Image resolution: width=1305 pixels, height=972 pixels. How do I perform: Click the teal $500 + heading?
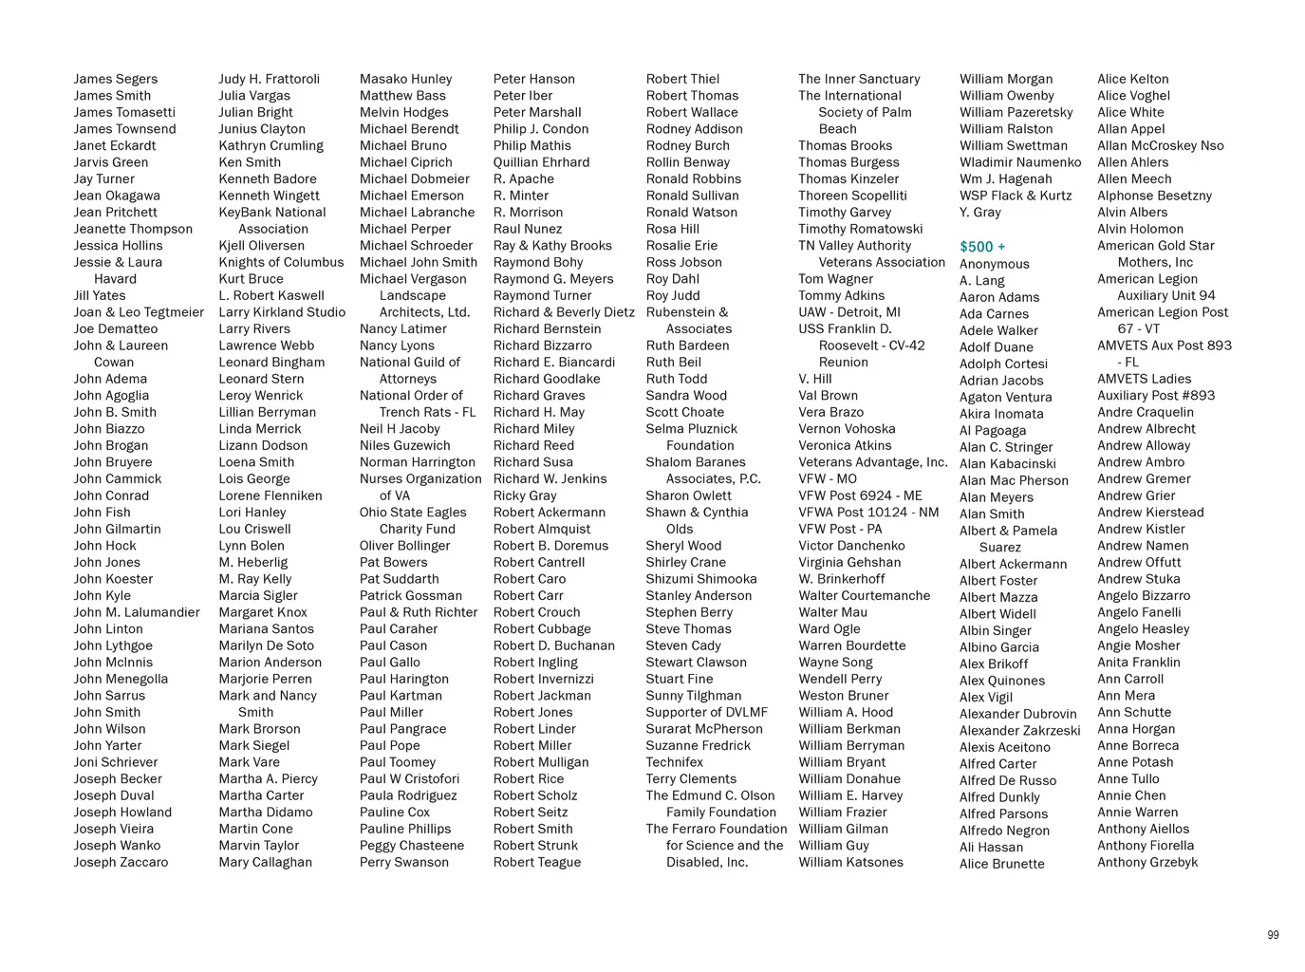coord(982,247)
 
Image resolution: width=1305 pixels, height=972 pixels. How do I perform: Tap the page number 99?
coord(1273,935)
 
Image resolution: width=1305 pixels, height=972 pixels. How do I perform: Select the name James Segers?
coord(116,79)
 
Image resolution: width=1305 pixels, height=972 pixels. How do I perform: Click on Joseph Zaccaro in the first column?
coord(121,862)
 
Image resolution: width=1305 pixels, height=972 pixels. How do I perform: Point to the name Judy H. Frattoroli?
coord(269,79)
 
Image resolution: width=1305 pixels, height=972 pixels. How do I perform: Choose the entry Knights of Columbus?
coord(281,262)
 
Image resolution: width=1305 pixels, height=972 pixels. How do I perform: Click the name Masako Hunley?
coord(405,79)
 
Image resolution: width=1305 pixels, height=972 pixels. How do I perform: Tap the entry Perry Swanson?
coord(403,862)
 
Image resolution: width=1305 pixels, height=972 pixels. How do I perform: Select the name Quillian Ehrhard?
coord(541,162)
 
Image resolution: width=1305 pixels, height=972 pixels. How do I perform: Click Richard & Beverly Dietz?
coord(564,312)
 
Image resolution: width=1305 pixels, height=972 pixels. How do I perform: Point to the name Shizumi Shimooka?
coord(701,579)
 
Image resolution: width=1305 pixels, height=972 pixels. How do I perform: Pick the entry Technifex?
coord(674,762)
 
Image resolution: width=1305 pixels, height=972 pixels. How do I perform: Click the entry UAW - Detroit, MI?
coord(848,312)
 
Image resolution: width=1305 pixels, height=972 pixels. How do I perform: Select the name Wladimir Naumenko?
coord(1020,162)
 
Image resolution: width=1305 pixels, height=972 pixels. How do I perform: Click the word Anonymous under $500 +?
coord(994,264)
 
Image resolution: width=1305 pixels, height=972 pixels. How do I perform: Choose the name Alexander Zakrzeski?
coord(1019,731)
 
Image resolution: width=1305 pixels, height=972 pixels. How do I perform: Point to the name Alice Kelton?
coord(1132,79)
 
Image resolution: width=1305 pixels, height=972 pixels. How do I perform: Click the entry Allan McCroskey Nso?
coord(1160,145)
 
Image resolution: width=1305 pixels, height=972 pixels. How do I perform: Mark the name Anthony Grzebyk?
coord(1147,862)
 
